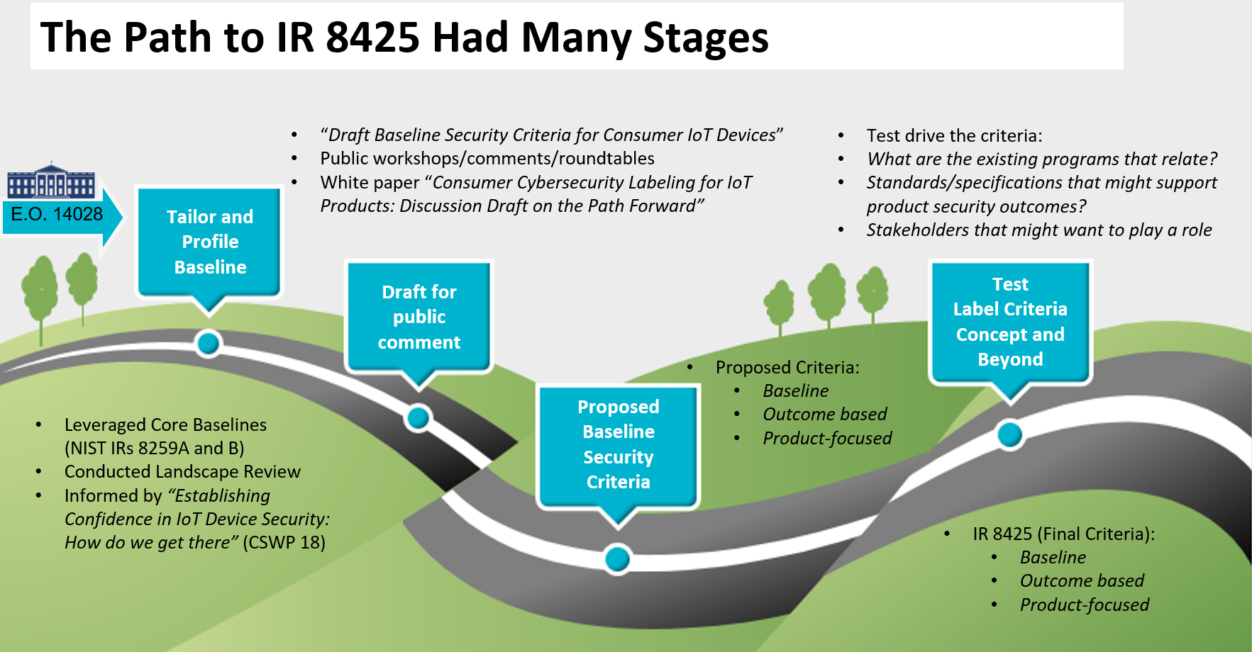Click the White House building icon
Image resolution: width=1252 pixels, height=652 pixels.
[x=51, y=181]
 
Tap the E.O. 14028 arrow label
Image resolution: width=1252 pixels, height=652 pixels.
[x=57, y=214]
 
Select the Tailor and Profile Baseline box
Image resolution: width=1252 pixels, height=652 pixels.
[x=210, y=242]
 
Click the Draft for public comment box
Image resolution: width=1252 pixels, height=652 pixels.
[x=419, y=317]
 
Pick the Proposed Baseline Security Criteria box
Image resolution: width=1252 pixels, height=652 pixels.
[x=619, y=444]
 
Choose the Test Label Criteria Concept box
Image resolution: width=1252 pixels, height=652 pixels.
[x=1010, y=322]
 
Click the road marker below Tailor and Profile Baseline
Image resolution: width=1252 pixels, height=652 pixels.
[x=209, y=344]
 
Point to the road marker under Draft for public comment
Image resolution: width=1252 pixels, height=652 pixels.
[x=419, y=418]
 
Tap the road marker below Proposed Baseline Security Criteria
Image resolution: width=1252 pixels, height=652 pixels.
[x=618, y=559]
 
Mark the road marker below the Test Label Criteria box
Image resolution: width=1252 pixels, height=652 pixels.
[x=1009, y=434]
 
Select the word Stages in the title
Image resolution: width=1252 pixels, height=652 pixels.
[x=705, y=38]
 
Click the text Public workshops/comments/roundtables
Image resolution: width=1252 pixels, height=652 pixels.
[x=487, y=158]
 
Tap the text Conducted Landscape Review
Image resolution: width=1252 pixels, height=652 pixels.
[x=182, y=471]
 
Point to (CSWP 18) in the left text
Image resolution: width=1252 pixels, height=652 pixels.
[x=284, y=542]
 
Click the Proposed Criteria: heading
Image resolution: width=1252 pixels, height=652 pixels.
[x=787, y=367]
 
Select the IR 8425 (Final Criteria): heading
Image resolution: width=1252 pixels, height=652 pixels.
[x=1063, y=534]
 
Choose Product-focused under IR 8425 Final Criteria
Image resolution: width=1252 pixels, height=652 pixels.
[x=1084, y=605]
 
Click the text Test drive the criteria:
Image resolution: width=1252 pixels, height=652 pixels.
[x=954, y=135]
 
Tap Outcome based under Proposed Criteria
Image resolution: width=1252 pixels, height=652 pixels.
[x=825, y=414]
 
